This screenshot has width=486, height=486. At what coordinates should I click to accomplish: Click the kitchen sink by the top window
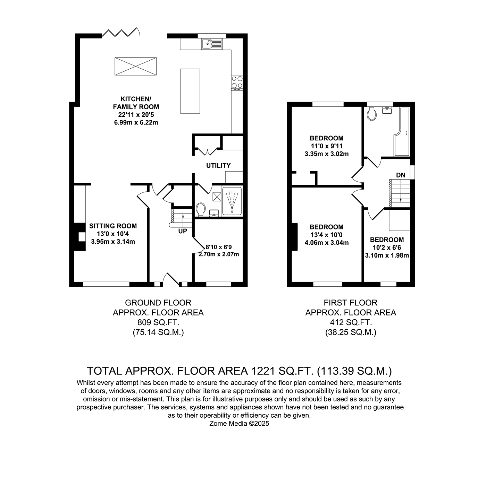(212, 44)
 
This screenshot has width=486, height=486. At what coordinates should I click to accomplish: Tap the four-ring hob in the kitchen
(237, 83)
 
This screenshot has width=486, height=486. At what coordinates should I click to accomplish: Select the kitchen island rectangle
(190, 91)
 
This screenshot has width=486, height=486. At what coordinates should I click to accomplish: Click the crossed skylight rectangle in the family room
(136, 66)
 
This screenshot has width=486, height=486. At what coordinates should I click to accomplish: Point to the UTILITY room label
(218, 165)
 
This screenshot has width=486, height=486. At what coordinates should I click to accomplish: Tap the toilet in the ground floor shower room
(201, 210)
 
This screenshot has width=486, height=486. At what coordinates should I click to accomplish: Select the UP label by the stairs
(183, 231)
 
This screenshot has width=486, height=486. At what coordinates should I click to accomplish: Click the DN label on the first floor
(401, 175)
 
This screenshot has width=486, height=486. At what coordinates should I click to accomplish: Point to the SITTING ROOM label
(113, 226)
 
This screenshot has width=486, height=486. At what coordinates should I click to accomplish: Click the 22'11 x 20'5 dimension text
(136, 115)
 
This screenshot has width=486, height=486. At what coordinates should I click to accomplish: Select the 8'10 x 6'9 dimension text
(218, 247)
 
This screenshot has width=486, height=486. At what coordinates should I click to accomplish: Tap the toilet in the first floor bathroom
(371, 113)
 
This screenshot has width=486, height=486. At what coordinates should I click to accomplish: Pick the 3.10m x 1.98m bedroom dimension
(387, 255)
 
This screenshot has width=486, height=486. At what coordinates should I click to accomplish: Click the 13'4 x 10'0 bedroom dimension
(327, 235)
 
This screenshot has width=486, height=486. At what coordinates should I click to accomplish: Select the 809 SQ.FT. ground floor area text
(158, 322)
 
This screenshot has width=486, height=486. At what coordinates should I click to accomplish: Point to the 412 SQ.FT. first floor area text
(351, 322)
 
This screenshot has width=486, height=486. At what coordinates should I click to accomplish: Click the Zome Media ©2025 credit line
(239, 424)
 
